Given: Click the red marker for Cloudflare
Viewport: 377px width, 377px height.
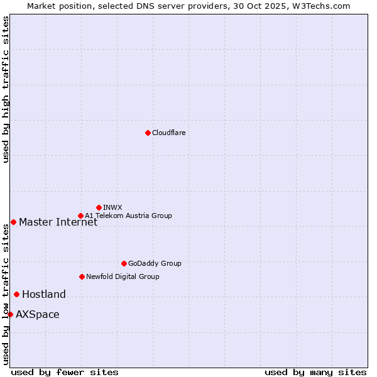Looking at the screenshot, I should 148,133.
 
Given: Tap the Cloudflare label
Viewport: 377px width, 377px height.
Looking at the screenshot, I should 168,133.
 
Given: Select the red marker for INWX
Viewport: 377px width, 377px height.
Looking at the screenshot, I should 99,207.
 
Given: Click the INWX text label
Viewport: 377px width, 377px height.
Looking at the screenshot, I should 112,207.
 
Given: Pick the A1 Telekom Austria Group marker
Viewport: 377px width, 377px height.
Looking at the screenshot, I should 80,216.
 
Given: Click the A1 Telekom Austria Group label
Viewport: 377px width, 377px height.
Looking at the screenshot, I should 128,216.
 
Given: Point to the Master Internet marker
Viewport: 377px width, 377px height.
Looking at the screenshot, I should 13,222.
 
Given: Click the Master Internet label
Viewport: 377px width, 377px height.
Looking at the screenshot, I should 58,222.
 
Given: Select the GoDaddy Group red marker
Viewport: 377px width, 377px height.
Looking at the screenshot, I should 124,263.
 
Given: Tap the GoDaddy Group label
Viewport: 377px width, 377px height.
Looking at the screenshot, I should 155,263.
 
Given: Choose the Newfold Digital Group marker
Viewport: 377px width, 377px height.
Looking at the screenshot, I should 82,276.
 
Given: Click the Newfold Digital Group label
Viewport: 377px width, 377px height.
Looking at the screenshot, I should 123,276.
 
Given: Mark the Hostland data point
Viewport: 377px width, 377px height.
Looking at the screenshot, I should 16,294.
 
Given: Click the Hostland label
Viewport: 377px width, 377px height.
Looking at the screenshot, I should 44,294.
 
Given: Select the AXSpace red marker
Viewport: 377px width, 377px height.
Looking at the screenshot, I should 10,314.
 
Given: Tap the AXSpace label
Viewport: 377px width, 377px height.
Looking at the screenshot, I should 38,314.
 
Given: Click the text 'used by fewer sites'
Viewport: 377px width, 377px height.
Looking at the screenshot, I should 65,372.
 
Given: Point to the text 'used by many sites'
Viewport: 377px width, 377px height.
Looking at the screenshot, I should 315,372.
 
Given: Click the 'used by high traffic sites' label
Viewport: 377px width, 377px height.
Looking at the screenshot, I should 6,89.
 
